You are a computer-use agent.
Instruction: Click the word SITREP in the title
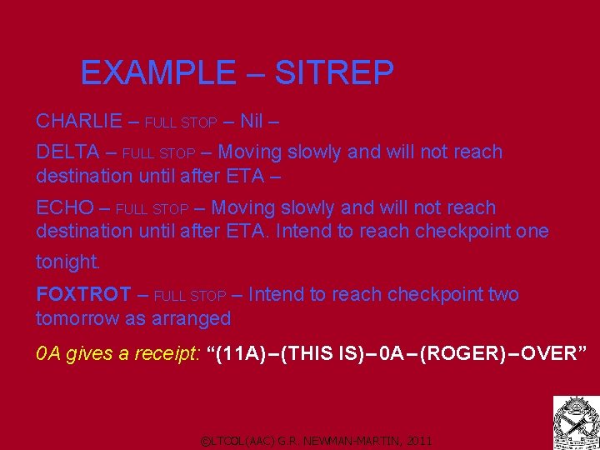click(333, 73)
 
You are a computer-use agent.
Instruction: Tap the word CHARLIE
click(79, 122)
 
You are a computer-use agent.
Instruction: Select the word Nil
click(252, 122)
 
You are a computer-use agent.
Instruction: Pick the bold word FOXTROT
click(83, 295)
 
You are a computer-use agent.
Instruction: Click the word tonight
click(67, 262)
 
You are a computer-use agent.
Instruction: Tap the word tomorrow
click(76, 319)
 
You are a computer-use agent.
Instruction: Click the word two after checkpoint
click(500, 295)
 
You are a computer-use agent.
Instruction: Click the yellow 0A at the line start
click(47, 354)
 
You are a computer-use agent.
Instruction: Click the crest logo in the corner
click(576, 422)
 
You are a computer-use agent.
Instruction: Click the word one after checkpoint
click(532, 231)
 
